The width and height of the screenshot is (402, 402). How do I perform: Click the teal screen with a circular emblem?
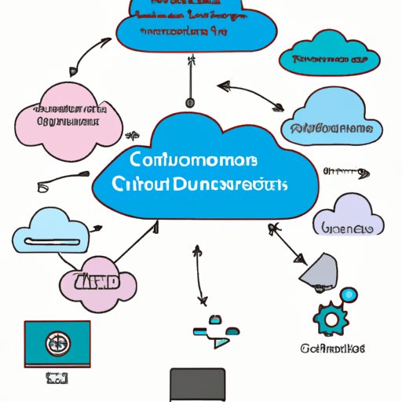point(57,342)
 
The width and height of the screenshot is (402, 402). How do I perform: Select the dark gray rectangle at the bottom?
point(198,384)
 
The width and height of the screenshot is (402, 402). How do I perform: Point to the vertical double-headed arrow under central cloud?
point(199,275)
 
